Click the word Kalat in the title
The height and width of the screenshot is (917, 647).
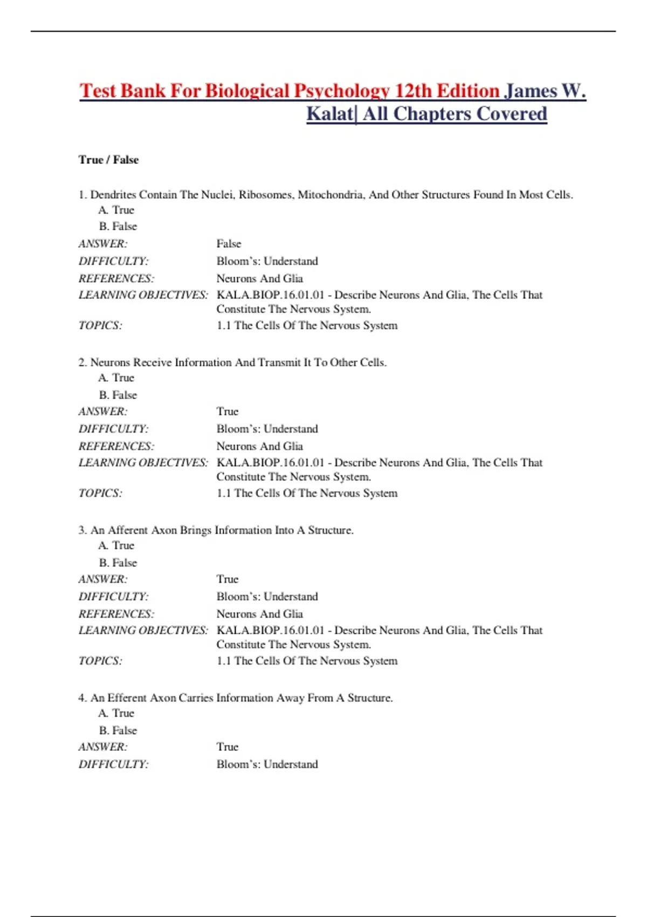click(x=329, y=114)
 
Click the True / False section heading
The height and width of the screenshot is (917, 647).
click(x=108, y=160)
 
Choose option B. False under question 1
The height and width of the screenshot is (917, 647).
click(x=118, y=227)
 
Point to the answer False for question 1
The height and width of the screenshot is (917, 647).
click(x=229, y=244)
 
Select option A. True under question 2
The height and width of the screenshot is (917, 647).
click(x=116, y=378)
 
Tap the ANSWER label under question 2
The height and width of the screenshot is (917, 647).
click(x=103, y=412)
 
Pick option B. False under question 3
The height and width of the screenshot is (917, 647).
click(x=118, y=563)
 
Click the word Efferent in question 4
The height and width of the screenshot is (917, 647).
click(x=127, y=698)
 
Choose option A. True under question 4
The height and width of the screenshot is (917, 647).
click(x=116, y=714)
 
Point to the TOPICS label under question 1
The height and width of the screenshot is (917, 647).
click(x=100, y=326)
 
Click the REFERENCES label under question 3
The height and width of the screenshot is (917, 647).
click(x=116, y=614)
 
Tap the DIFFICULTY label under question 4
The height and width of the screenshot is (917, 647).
click(x=113, y=764)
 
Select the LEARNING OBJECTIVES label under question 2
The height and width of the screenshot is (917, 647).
click(x=143, y=463)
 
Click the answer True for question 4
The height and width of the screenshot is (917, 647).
click(x=228, y=747)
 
